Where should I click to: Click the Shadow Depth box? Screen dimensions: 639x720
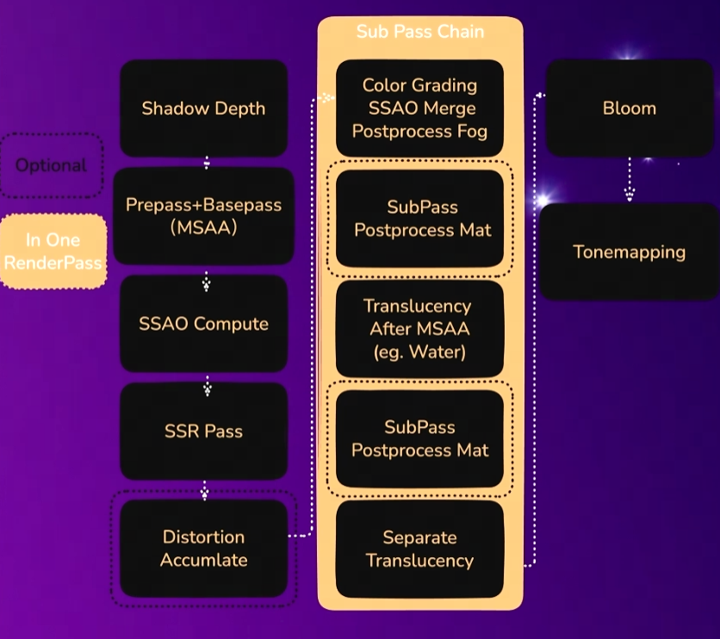pos(203,109)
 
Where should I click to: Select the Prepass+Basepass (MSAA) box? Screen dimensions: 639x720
pos(203,216)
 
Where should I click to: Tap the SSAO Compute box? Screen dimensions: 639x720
pos(203,324)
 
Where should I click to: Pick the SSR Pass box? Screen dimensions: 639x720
pos(203,431)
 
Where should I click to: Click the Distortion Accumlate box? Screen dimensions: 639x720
pos(204,548)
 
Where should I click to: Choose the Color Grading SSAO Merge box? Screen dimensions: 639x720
pos(419,109)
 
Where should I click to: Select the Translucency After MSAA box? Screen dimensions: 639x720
pos(419,328)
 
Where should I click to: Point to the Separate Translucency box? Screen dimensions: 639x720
pos(419,549)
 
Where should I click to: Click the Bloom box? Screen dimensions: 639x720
pos(629,109)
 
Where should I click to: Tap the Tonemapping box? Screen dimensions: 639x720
pos(629,251)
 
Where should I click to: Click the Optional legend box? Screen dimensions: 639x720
pos(52,164)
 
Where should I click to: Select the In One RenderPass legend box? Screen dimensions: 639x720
pos(53,251)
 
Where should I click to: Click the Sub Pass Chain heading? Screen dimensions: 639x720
pos(419,32)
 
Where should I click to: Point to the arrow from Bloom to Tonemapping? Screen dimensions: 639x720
pos(630,181)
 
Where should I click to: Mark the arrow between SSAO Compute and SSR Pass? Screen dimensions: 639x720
pos(207,386)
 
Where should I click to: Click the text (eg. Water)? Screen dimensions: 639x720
pos(419,351)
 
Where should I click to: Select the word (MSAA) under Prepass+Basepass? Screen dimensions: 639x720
pos(203,228)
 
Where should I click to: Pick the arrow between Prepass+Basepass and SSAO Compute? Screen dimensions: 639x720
pos(207,280)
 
